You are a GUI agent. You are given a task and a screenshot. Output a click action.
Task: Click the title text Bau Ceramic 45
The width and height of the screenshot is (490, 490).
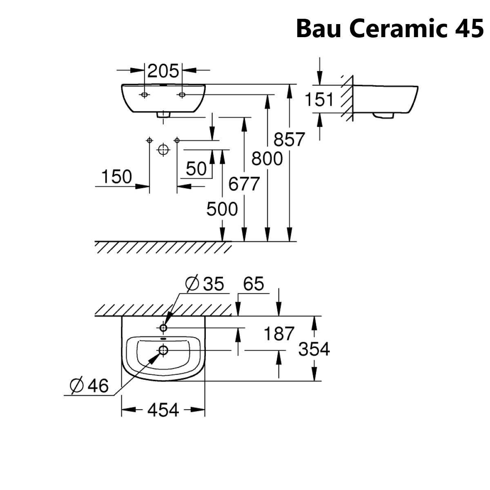tap(390, 28)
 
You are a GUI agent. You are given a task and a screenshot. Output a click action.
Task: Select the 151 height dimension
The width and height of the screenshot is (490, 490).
tap(319, 100)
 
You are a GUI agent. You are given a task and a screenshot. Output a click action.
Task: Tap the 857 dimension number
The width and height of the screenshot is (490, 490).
tap(289, 140)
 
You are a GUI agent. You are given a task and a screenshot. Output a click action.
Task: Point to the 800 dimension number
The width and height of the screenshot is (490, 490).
tap(267, 158)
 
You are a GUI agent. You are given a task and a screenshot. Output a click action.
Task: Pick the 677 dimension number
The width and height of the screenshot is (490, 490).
tap(244, 184)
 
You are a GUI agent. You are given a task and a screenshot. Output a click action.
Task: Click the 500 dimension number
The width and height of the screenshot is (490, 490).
tap(222, 209)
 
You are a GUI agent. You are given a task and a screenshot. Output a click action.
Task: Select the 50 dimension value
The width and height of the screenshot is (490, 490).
tap(196, 169)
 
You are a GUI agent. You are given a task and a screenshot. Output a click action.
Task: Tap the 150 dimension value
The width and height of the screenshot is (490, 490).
tap(116, 177)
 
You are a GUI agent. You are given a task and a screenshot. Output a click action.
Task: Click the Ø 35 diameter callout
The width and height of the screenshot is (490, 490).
tap(205, 284)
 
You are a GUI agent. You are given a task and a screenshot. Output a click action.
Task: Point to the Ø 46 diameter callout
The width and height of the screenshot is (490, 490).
tap(89, 385)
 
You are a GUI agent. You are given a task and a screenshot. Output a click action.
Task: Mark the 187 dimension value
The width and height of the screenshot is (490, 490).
tap(279, 334)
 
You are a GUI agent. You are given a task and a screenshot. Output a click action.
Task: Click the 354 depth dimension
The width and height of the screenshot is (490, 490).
tap(314, 349)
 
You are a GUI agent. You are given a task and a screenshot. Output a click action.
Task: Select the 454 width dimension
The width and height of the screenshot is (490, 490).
tap(163, 410)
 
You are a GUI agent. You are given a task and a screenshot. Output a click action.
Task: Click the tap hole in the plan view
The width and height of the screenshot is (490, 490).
tap(164, 327)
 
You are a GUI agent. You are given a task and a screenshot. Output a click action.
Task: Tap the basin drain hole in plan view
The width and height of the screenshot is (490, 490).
tap(164, 350)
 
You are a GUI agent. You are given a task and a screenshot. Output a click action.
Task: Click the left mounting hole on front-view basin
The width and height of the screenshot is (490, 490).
tap(144, 95)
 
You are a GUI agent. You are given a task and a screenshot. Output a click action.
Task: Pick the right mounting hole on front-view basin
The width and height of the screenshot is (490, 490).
tap(182, 95)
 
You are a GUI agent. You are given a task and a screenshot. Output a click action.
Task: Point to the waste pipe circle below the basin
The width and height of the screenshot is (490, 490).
tap(163, 150)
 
